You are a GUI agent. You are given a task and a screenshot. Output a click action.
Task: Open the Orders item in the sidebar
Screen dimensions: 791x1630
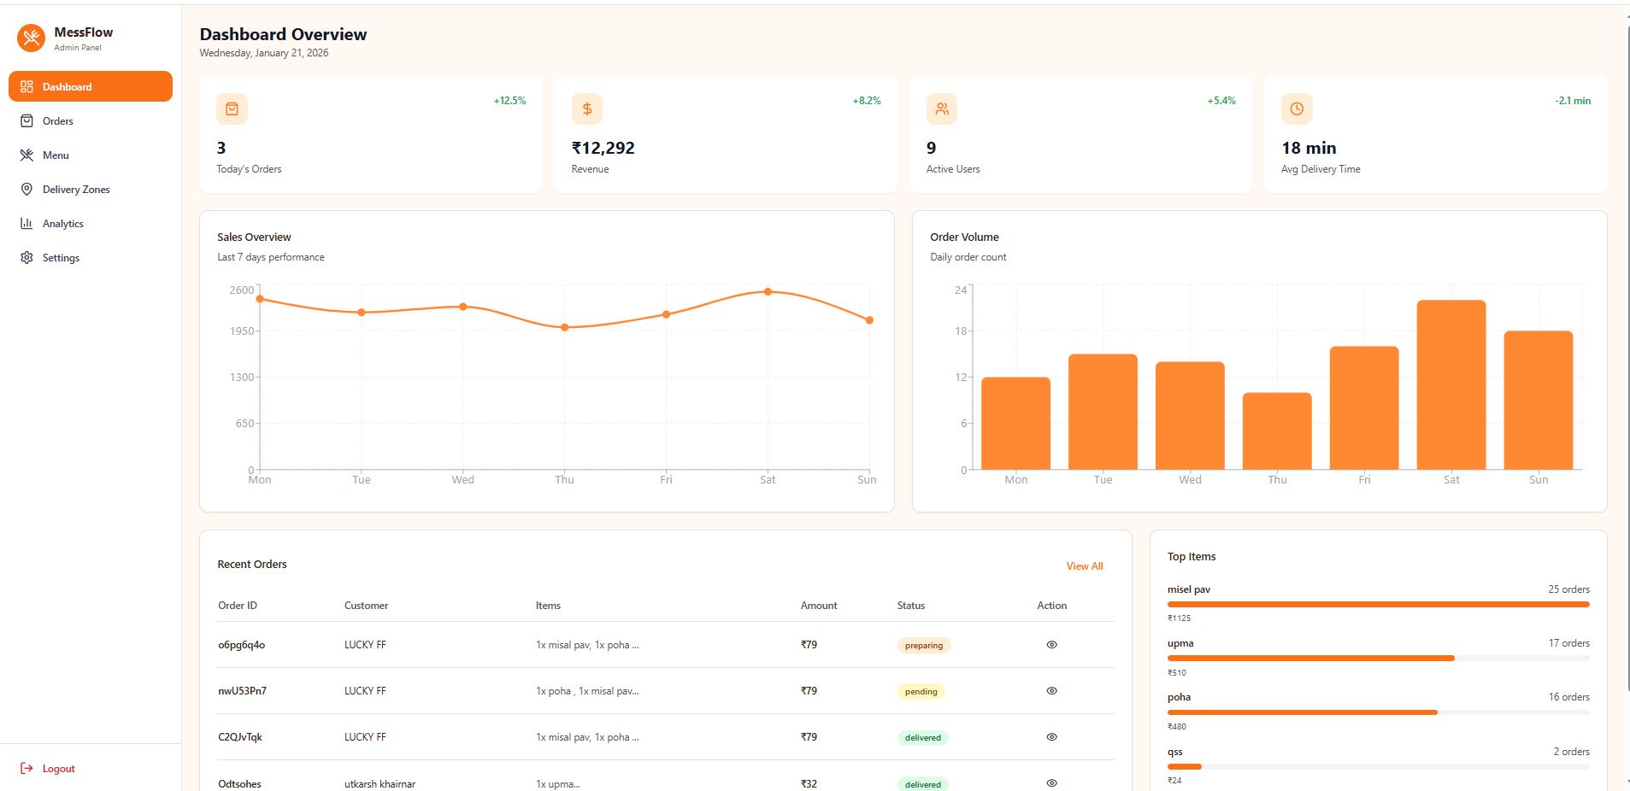point(57,121)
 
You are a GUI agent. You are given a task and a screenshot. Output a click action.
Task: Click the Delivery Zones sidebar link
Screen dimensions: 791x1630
point(75,190)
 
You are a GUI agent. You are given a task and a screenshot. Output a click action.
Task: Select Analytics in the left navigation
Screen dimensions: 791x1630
point(62,224)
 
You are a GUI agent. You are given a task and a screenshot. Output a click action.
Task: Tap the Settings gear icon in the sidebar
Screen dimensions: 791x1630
point(26,258)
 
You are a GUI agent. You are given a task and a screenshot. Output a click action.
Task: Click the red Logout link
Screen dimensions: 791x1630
point(58,769)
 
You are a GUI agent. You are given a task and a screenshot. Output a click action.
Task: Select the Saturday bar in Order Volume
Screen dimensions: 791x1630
point(1451,384)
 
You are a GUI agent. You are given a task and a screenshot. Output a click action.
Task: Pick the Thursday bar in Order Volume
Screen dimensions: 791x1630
point(1277,431)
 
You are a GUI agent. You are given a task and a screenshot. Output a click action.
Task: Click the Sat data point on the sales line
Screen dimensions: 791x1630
point(768,292)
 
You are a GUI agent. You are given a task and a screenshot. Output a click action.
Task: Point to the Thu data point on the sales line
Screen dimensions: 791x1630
point(564,327)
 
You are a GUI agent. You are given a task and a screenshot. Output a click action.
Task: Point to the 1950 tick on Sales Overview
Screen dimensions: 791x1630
point(242,331)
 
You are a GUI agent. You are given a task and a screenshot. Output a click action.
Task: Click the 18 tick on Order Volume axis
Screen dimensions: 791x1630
point(961,331)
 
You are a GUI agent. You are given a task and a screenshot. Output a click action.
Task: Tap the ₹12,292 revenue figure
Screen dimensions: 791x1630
point(603,148)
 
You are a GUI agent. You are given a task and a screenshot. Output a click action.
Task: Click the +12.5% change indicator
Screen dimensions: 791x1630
point(509,101)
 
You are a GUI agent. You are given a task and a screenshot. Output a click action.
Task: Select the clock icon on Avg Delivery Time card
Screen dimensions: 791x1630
point(1297,109)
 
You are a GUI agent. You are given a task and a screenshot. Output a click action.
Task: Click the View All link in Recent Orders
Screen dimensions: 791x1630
point(1084,566)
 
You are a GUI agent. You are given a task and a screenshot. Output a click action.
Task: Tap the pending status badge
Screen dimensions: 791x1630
point(921,692)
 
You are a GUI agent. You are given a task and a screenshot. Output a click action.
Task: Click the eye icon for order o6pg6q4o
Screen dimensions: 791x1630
point(1051,645)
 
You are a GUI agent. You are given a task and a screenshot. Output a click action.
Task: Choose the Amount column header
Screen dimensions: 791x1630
point(818,606)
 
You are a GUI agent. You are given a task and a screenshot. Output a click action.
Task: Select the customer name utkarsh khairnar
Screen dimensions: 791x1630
point(380,784)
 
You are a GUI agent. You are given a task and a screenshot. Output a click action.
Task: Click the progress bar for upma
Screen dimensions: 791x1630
point(1310,659)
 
